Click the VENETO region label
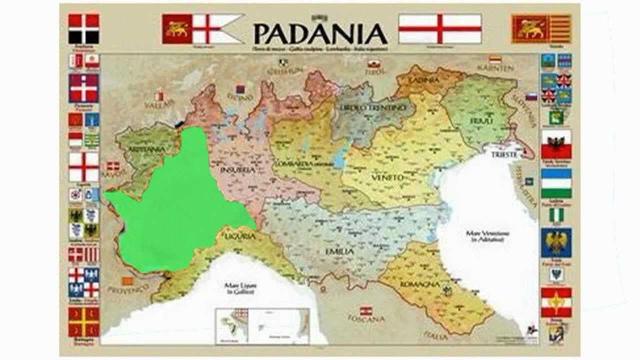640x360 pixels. coord(387,177)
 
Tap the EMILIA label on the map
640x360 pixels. coord(339,251)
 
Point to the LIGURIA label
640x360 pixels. coord(240,235)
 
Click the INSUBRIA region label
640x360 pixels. coord(237,170)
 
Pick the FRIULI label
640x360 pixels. coord(481,121)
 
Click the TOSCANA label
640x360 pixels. coord(366,318)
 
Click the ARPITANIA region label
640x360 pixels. coord(146,149)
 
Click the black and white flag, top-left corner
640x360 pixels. coord(83,28)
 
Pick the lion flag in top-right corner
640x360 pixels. coord(541,28)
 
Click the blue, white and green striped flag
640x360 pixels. coord(556,183)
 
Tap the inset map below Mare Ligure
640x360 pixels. coord(262,325)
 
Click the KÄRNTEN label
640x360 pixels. coord(495,67)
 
